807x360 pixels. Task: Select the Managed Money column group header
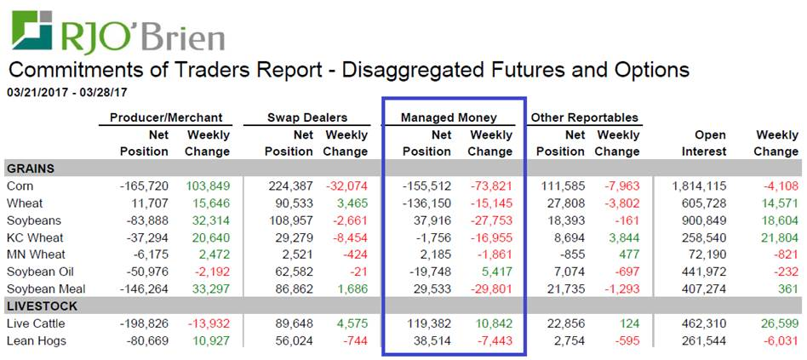(449, 117)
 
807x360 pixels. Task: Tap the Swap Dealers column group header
(307, 117)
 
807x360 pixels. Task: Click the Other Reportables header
(584, 117)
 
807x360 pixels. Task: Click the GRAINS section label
(31, 169)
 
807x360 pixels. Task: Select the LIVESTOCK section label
(42, 306)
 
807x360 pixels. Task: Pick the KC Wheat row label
(33, 237)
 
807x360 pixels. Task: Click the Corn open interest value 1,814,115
(698, 186)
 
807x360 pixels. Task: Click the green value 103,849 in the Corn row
(208, 186)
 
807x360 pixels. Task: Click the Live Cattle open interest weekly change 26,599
(776, 323)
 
